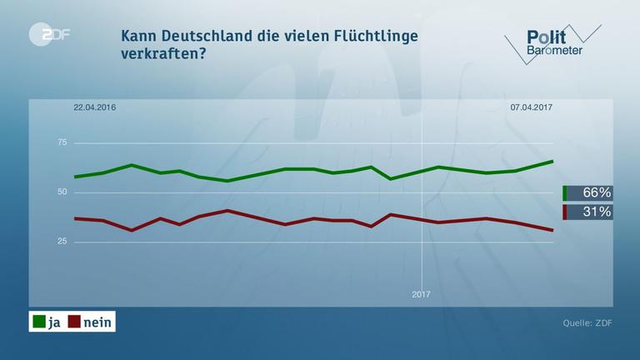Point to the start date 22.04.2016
(x=94, y=107)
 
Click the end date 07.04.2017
(x=532, y=107)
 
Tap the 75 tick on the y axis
(x=62, y=143)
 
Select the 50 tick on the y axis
(x=62, y=192)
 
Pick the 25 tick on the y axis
(x=62, y=242)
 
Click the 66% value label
(x=596, y=192)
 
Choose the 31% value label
(x=596, y=212)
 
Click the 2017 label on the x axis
(x=422, y=294)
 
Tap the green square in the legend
(x=38, y=322)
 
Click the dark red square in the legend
(x=73, y=322)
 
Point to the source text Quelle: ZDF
(x=587, y=322)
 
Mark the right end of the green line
(x=552, y=161)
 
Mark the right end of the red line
(x=552, y=230)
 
